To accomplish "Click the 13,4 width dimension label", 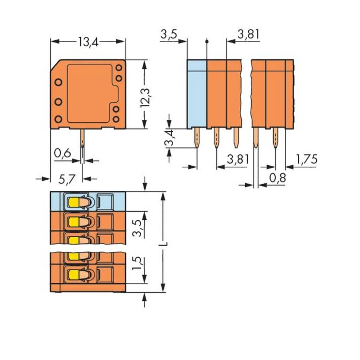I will (88, 42).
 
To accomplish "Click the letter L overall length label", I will (164, 244).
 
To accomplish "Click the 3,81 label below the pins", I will (238, 159).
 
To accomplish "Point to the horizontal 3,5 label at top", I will (169, 35).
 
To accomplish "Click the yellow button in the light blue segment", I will (73, 203).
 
